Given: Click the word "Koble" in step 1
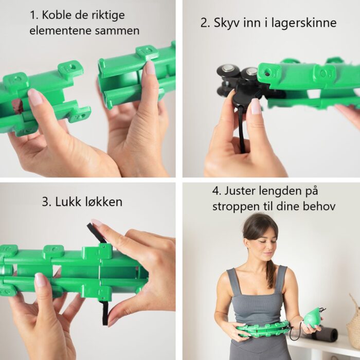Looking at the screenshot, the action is tap(58, 15).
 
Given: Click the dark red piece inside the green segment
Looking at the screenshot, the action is tap(17, 106).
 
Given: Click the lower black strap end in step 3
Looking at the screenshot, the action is tap(105, 313).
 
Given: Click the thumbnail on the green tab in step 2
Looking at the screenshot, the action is tap(255, 106).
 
